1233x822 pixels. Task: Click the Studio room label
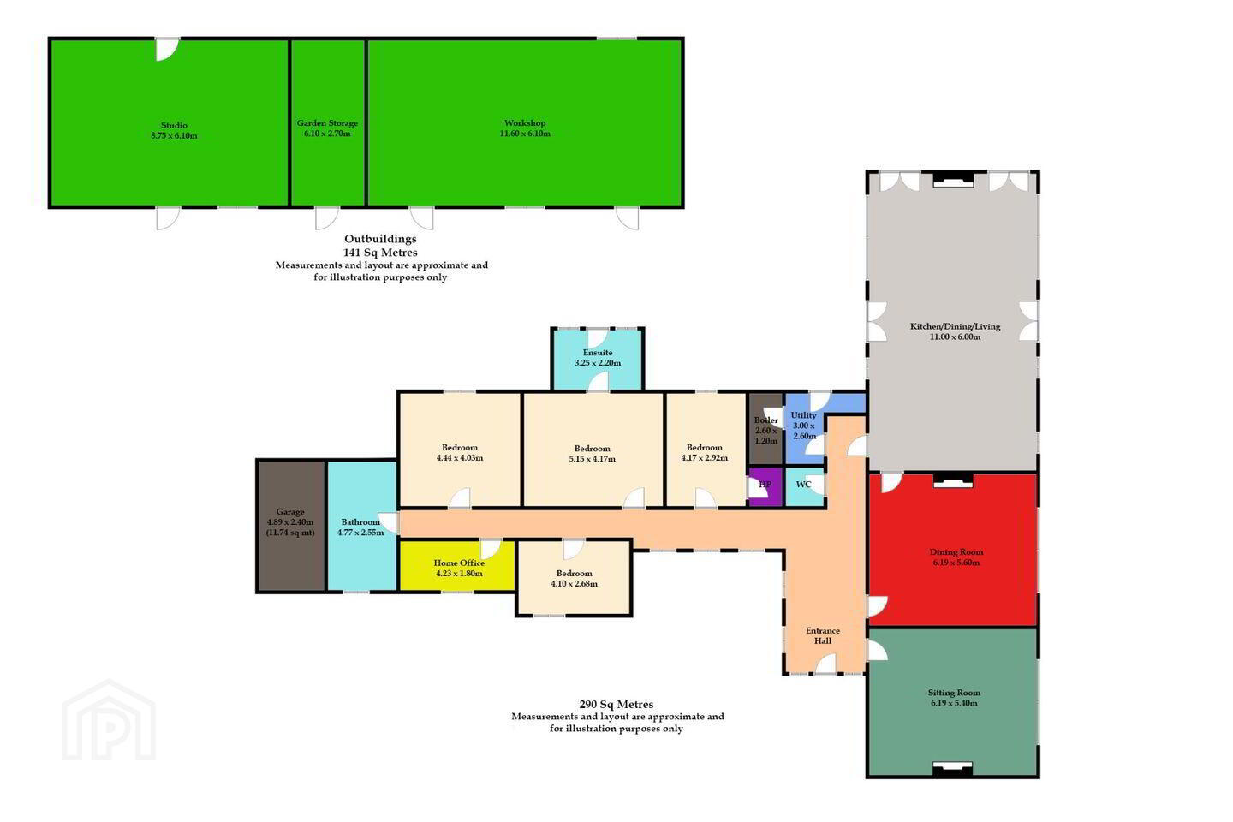174,126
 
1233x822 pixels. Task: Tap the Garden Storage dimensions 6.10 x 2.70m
327,134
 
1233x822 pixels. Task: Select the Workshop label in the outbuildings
525,123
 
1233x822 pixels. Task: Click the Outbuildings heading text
380,239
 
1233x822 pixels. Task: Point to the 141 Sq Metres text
380,253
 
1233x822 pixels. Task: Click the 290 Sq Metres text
616,704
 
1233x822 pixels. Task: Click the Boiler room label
765,420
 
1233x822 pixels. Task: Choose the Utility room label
803,415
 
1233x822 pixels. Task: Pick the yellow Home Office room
457,566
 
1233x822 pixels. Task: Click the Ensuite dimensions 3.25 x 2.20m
598,363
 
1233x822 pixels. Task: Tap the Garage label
290,512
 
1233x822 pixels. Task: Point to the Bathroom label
360,522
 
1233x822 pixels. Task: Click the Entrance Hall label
823,635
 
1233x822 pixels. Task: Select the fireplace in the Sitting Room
952,768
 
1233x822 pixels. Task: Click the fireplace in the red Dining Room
953,482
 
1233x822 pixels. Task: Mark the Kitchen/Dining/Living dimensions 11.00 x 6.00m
955,337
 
